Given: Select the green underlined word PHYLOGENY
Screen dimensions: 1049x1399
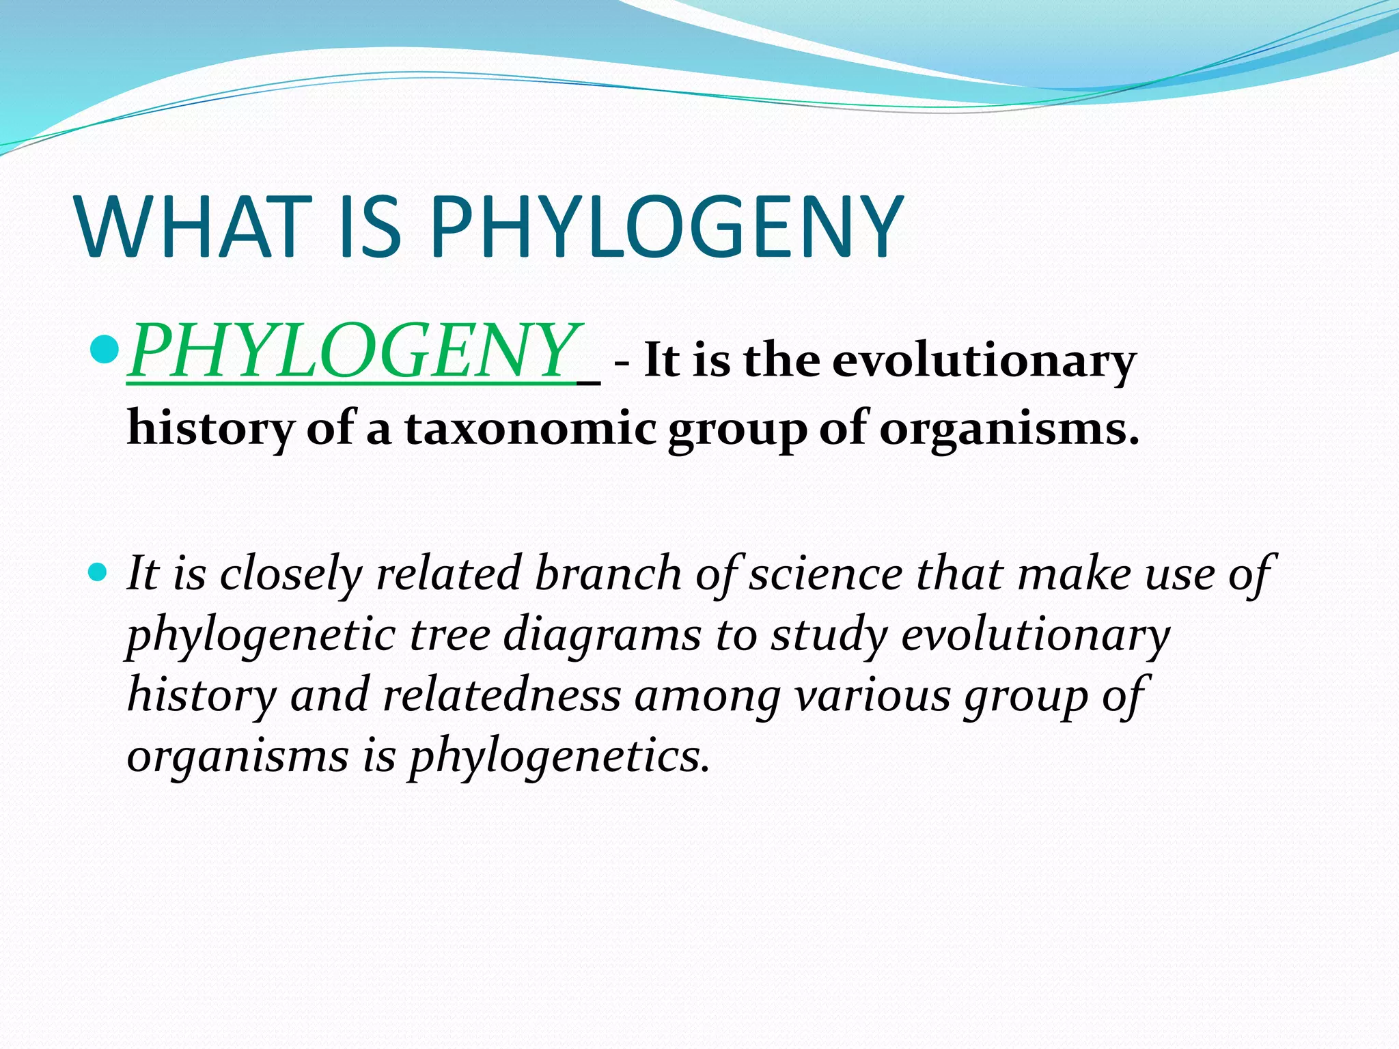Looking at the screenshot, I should pyautogui.click(x=352, y=351).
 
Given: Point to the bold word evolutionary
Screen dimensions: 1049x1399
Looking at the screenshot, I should pyautogui.click(x=984, y=360).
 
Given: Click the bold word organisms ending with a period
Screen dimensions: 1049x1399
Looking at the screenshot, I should pyautogui.click(x=1008, y=430).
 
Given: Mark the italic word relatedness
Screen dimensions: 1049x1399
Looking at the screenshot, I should pyautogui.click(x=501, y=695).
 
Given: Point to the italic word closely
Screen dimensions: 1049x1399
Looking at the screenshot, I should pyautogui.click(x=290, y=574).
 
